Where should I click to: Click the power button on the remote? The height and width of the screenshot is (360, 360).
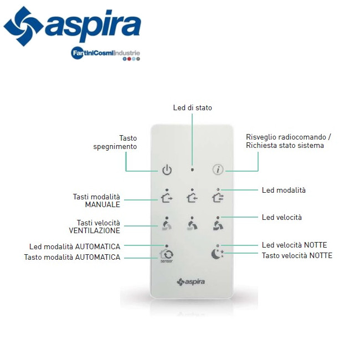point(167,170)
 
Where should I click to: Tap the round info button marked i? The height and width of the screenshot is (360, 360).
point(218,170)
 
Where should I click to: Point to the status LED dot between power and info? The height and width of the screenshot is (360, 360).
point(192,170)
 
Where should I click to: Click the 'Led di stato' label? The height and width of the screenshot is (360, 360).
point(192,107)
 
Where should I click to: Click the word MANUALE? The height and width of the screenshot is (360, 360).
point(102,204)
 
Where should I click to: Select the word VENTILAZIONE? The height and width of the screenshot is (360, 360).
point(94,230)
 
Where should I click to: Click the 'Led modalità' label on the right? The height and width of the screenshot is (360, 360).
point(284,190)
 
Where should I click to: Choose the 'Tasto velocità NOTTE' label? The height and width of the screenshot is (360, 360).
point(297,255)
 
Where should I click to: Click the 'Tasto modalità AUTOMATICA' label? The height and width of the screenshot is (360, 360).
point(72,257)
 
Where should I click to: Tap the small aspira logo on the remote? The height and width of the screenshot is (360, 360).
point(191,282)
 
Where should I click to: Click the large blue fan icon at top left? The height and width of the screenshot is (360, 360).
point(22,26)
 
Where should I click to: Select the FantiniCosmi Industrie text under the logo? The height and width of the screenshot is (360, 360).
point(105,53)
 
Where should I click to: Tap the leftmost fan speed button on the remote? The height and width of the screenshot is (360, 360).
point(167,225)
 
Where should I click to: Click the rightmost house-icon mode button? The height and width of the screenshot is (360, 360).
point(218,198)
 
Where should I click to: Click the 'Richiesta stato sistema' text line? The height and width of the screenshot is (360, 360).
point(285,146)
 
